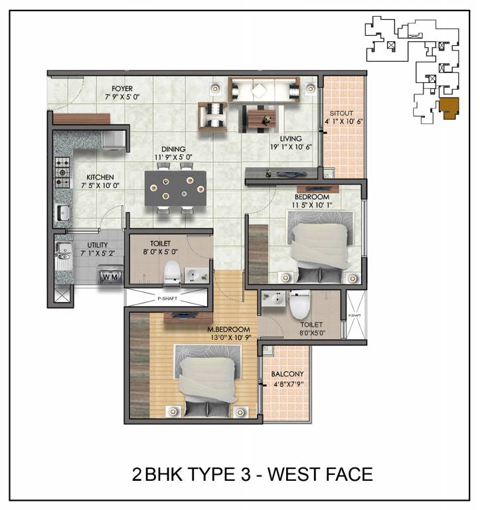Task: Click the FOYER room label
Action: pos(121,88)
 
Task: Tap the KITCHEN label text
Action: pos(100,177)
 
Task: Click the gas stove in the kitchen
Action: pos(63,171)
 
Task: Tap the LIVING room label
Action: pos(291,139)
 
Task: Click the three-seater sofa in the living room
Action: pos(264,88)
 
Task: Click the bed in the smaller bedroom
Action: pos(319,245)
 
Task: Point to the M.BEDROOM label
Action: pos(228,329)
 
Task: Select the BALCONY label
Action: pos(287,374)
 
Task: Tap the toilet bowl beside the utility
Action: pos(172,272)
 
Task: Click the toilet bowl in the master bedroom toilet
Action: pos(296,304)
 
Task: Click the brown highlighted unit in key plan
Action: pos(449,108)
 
